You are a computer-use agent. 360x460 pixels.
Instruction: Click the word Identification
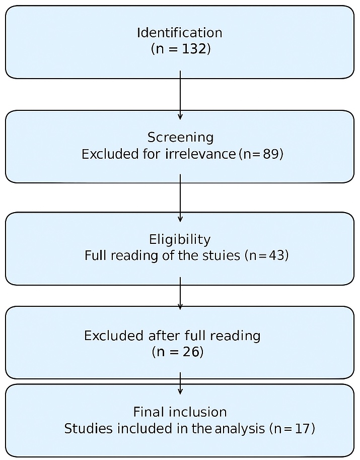pyautogui.click(x=179, y=33)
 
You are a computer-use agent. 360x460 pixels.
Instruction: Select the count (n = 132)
pyautogui.click(x=180, y=49)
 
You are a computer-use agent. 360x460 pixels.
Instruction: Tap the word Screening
pyautogui.click(x=180, y=137)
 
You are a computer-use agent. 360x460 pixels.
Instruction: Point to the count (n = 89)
pyautogui.click(x=260, y=154)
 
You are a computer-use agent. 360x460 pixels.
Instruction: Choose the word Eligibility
pyautogui.click(x=180, y=239)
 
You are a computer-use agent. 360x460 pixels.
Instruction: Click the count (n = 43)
pyautogui.click(x=266, y=255)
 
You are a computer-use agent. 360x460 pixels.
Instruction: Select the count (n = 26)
pyautogui.click(x=177, y=352)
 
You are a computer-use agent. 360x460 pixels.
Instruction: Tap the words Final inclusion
pyautogui.click(x=180, y=412)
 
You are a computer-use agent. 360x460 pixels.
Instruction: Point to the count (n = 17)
pyautogui.click(x=292, y=429)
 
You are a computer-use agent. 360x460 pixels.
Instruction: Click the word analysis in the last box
pyautogui.click(x=239, y=429)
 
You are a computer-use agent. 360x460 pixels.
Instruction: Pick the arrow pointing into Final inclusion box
pyautogui.click(x=180, y=384)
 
